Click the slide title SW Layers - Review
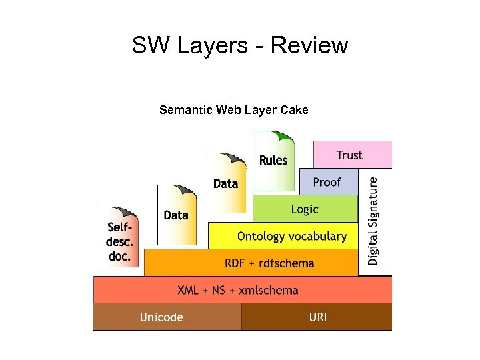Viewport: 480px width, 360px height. point(240,45)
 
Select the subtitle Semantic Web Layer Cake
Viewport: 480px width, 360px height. point(233,110)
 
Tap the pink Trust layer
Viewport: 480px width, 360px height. point(352,155)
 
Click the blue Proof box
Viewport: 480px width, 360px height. point(328,182)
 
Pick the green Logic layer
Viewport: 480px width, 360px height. point(305,209)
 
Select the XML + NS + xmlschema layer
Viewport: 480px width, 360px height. point(238,290)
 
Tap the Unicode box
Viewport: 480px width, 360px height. point(161,317)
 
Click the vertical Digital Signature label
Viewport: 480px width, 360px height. point(373,220)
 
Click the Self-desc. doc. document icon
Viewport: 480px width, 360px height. point(120,239)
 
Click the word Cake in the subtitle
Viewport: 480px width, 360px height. point(295,110)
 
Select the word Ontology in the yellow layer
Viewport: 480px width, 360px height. point(260,237)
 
